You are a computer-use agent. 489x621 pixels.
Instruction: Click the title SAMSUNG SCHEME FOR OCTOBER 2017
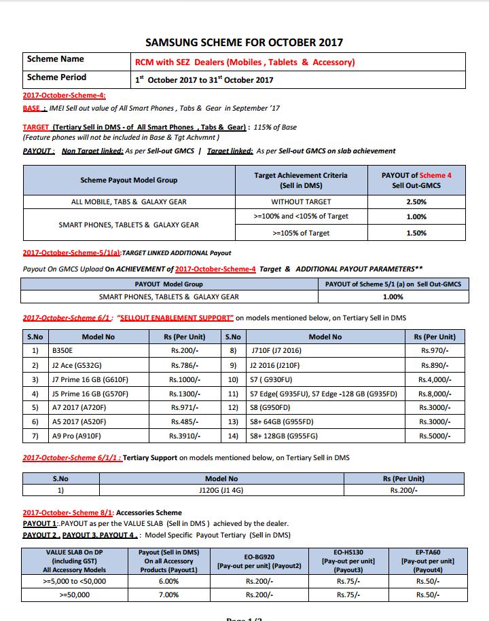click(244, 42)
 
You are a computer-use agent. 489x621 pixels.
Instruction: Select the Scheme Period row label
click(56, 77)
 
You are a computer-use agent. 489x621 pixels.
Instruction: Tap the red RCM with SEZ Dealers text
click(245, 62)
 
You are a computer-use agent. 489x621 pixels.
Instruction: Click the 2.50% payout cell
click(416, 202)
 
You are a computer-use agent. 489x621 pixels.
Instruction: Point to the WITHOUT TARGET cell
click(301, 202)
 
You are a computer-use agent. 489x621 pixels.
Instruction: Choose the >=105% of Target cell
click(301, 233)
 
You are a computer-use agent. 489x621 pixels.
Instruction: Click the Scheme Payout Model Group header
click(129, 180)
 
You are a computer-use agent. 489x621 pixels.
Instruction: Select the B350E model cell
click(63, 351)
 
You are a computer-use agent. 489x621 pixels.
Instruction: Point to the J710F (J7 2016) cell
click(277, 351)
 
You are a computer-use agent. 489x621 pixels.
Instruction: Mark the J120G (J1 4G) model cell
click(221, 489)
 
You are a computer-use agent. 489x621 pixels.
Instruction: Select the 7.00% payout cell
click(168, 594)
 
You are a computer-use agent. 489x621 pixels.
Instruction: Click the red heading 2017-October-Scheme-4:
click(64, 96)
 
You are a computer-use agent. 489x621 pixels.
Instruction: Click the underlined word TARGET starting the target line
click(35, 127)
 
